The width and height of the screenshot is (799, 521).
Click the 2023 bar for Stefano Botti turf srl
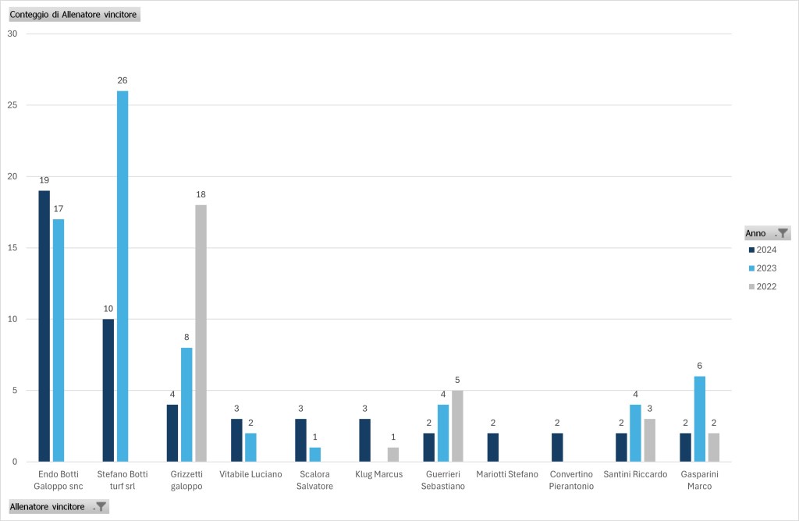click(x=123, y=276)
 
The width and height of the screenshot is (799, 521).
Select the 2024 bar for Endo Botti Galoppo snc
click(x=44, y=326)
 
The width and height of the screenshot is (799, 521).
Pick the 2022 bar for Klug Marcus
click(x=392, y=455)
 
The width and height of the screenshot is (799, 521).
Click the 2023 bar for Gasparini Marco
click(x=699, y=419)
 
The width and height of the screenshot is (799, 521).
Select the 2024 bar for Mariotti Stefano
click(x=493, y=448)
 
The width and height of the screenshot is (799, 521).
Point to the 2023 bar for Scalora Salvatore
click(x=315, y=455)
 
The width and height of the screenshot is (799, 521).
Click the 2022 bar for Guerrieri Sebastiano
click(x=456, y=426)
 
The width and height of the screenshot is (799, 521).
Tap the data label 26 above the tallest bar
click(x=123, y=80)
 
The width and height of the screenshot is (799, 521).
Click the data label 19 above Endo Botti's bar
click(x=44, y=180)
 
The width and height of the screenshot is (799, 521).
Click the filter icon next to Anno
click(x=783, y=233)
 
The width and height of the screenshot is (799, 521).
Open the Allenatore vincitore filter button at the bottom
click(x=100, y=507)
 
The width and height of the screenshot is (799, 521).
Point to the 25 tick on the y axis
click(x=12, y=105)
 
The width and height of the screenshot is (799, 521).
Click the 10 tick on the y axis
click(x=12, y=319)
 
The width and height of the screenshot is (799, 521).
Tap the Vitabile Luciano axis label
click(x=250, y=474)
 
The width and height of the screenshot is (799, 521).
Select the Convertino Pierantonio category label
click(x=571, y=480)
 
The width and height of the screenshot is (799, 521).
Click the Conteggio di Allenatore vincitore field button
click(x=73, y=15)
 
